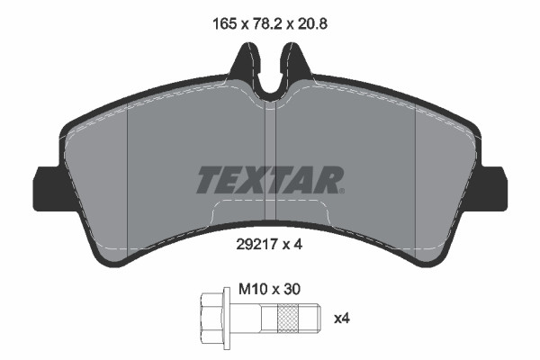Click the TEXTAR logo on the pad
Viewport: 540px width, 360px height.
pyautogui.click(x=269, y=179)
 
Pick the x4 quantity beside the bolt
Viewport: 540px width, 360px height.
pyautogui.click(x=342, y=318)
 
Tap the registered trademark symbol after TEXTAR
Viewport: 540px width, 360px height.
pyautogui.click(x=340, y=189)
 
